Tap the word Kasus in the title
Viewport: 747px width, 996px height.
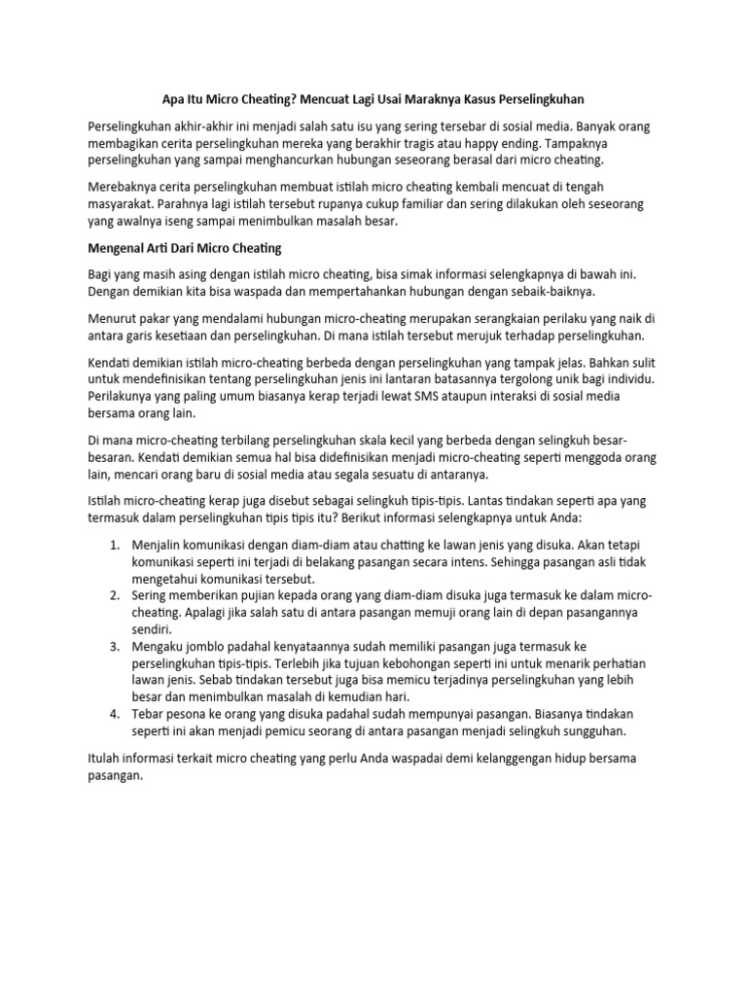pos(492,99)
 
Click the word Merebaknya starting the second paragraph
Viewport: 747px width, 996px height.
pos(125,186)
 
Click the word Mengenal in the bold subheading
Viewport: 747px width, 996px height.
pos(117,248)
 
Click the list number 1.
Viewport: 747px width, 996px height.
pos(114,544)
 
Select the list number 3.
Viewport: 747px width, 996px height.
pos(114,646)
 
